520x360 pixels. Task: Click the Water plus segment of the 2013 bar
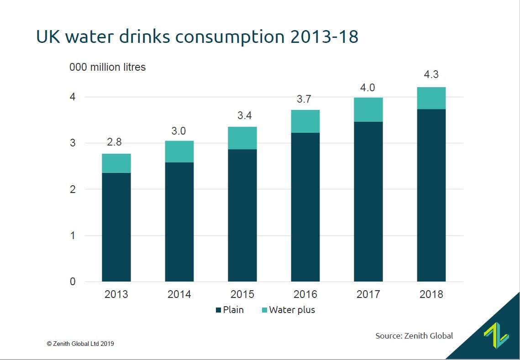point(116,163)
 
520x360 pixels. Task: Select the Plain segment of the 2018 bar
point(431,195)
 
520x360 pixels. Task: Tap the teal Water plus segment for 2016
point(305,121)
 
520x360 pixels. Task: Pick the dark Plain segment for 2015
point(242,215)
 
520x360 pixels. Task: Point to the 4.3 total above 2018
point(431,75)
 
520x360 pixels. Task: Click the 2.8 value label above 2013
point(114,142)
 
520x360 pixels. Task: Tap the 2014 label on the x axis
point(179,294)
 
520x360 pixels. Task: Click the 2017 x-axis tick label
point(368,294)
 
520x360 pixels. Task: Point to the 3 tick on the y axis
point(73,143)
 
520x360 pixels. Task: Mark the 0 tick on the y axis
point(73,282)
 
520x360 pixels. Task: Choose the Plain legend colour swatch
point(218,310)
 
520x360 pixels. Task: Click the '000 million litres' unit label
point(107,67)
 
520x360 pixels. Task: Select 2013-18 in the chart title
point(324,37)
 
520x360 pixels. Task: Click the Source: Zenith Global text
point(414,336)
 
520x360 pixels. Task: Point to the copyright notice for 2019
point(80,344)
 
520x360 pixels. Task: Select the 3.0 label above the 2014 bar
point(179,131)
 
